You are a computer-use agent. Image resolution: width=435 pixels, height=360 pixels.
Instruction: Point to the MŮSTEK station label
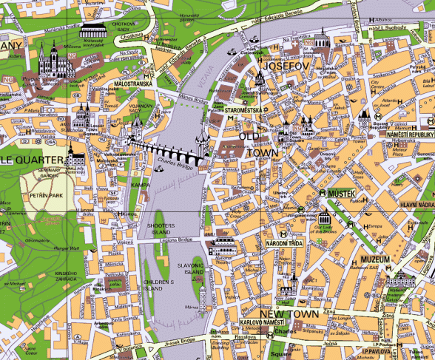tap(342, 193)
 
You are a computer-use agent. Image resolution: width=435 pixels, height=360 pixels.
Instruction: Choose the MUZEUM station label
tap(375, 259)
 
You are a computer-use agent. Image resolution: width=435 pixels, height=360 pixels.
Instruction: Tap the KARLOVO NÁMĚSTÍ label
tap(262, 323)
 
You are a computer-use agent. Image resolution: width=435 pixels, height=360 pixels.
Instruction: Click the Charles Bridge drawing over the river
tap(169, 154)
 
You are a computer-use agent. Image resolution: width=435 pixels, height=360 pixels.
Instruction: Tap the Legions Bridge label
tap(175, 240)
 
